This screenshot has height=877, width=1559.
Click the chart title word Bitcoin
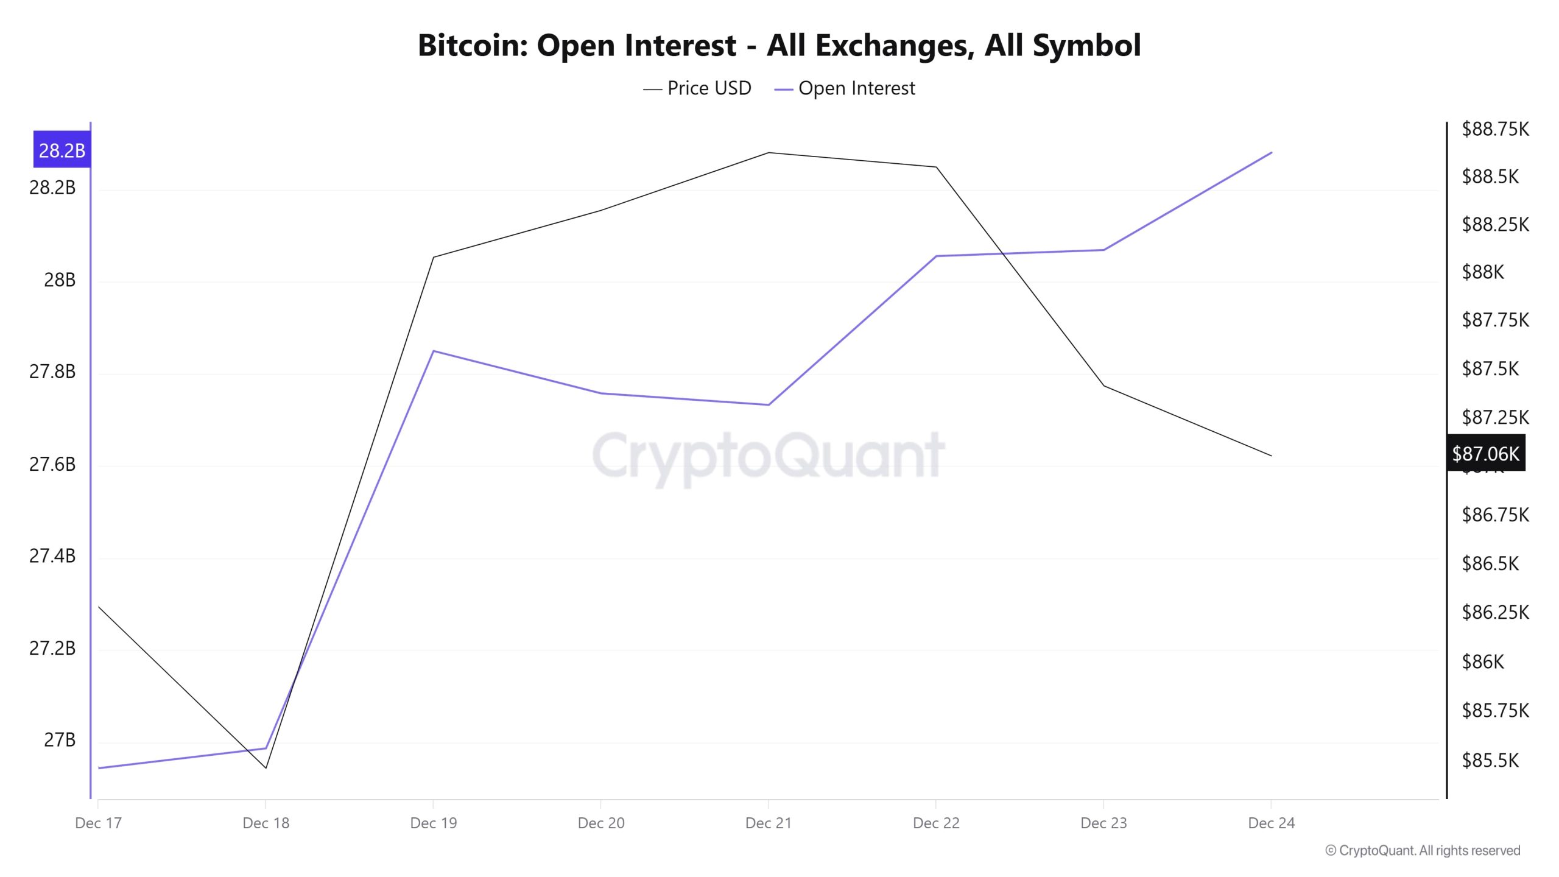473,45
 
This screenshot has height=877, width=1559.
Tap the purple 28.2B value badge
62,150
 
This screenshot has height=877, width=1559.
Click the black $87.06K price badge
1485,453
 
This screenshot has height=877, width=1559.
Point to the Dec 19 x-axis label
433,823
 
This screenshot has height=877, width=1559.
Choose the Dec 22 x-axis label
936,823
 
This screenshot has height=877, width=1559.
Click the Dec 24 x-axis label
1271,823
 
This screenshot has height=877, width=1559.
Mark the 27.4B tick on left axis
52,555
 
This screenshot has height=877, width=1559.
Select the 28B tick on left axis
60,280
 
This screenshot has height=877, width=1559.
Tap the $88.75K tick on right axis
1495,129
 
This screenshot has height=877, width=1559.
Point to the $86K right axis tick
1483,661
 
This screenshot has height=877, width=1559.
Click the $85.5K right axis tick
1490,760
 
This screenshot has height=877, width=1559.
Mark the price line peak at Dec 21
769,152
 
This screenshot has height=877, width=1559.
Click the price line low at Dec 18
266,768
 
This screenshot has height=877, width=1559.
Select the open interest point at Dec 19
433,351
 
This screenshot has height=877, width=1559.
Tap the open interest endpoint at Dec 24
1272,152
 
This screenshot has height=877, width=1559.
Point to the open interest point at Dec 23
1103,250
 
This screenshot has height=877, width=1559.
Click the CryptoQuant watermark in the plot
769,456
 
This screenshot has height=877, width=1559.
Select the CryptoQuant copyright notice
1423,850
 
